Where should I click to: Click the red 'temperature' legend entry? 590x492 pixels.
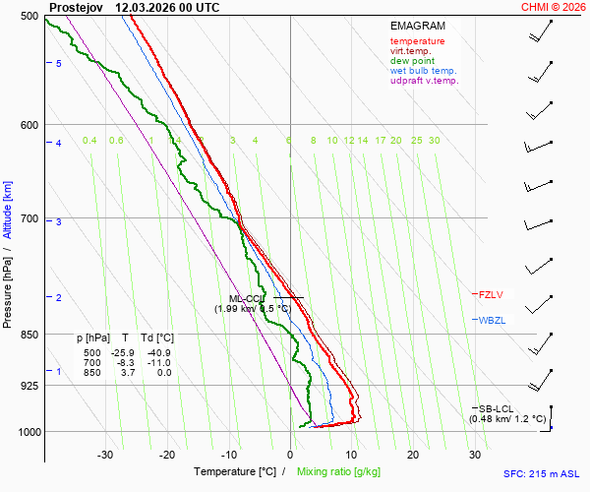click(x=417, y=41)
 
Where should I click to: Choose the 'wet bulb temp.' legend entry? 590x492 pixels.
click(x=423, y=71)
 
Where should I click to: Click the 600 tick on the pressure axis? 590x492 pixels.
click(x=28, y=125)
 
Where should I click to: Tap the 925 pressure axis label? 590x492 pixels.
click(x=28, y=386)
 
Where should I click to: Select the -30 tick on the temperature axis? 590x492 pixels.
click(x=106, y=455)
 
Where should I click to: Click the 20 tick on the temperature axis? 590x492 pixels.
click(x=413, y=455)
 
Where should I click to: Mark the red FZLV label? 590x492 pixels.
click(x=493, y=294)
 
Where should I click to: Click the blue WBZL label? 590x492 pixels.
click(x=493, y=321)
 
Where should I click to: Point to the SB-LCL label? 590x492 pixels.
click(x=497, y=408)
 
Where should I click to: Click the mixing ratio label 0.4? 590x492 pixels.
click(x=89, y=141)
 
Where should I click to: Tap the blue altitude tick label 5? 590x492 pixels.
click(x=59, y=63)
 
